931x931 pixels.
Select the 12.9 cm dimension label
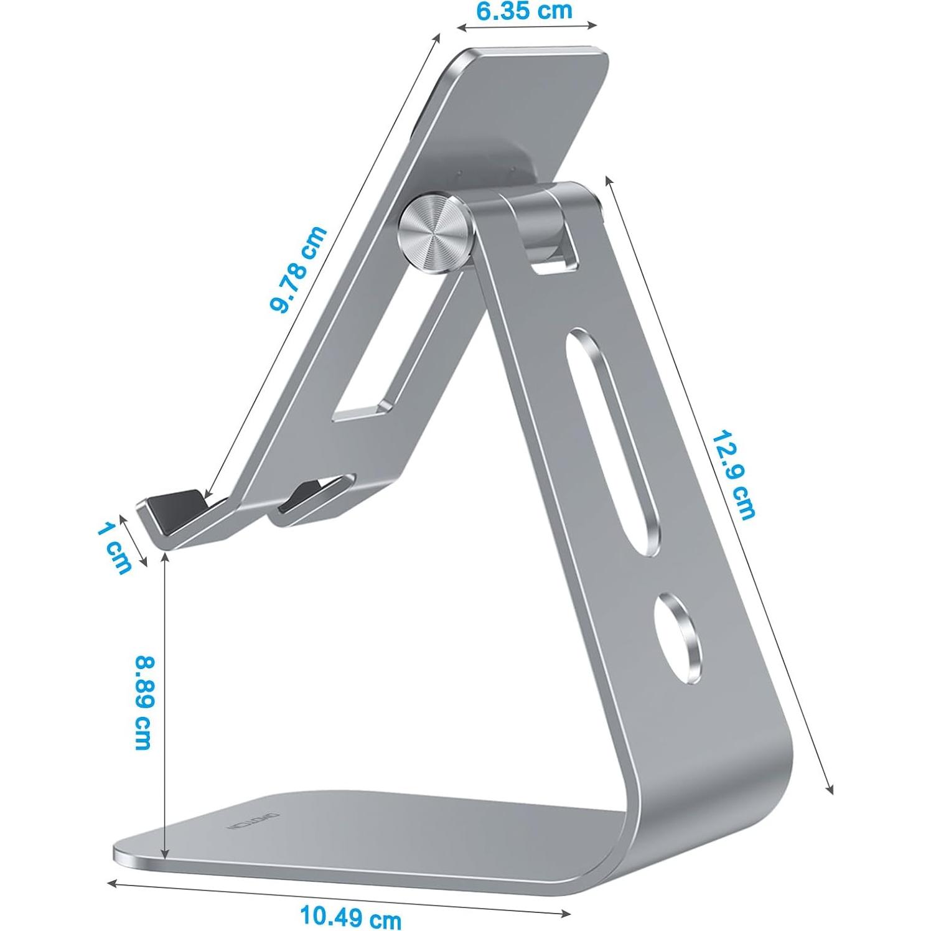[x=734, y=474]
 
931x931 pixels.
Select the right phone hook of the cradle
[x=311, y=498]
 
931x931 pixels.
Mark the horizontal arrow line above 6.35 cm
[x=526, y=26]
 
